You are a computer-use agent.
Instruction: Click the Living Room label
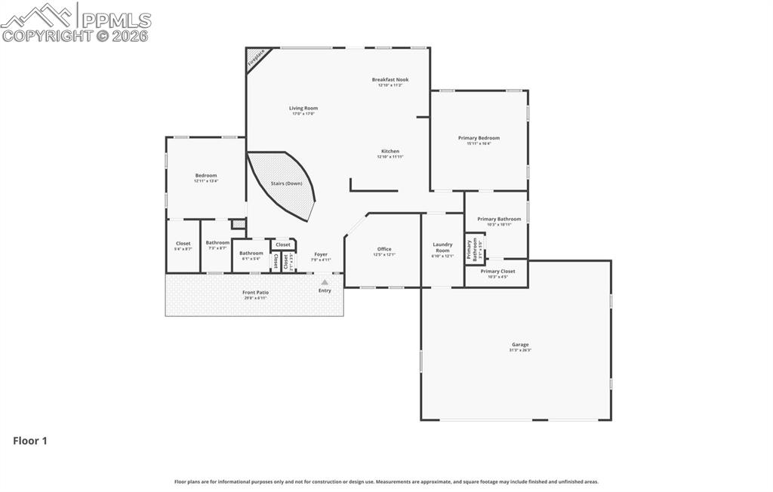point(303,109)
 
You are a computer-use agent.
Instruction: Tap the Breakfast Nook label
point(390,79)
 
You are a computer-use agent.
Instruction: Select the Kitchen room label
point(390,151)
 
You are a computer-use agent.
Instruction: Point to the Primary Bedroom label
point(479,138)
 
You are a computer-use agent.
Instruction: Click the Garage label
point(520,345)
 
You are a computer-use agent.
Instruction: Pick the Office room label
point(384,249)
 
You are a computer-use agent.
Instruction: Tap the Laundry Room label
point(442,247)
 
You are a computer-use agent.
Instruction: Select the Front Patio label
point(255,292)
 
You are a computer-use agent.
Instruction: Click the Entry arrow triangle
point(325,282)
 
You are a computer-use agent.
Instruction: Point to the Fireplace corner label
point(257,59)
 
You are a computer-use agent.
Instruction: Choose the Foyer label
point(321,254)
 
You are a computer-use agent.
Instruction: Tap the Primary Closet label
point(497,271)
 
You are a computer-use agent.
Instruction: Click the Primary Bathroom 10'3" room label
point(499,219)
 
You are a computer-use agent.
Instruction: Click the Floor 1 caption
point(30,441)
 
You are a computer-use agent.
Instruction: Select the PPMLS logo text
point(115,20)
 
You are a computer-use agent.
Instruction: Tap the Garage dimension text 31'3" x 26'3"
point(520,350)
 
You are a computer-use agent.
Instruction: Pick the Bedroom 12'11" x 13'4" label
point(205,176)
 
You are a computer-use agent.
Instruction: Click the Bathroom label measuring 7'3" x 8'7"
point(217,242)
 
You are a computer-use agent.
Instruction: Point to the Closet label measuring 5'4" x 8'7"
point(183,243)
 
